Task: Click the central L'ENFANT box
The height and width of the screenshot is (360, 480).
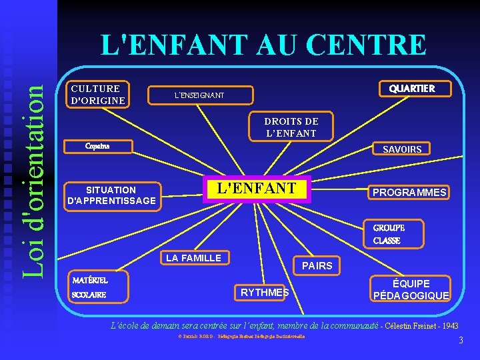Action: [257, 189]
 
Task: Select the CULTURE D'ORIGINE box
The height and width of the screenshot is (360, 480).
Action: [98, 95]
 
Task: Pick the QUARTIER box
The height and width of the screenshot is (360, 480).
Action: [412, 89]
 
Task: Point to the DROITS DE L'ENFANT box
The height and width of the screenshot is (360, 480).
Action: [291, 127]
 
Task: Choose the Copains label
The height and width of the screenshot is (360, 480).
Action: [97, 145]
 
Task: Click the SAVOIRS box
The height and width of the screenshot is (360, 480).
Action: [401, 149]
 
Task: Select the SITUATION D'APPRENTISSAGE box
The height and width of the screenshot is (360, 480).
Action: [111, 195]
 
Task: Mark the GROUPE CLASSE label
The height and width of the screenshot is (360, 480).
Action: [388, 234]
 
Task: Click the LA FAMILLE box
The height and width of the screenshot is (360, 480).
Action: [193, 258]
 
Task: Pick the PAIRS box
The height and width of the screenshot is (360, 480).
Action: [317, 265]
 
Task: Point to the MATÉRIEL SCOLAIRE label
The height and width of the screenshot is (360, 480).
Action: [89, 287]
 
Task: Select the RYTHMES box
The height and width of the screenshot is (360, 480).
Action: [265, 292]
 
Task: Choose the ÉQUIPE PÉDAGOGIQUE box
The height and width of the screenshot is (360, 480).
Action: [411, 289]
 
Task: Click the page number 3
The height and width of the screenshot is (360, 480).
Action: [460, 341]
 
